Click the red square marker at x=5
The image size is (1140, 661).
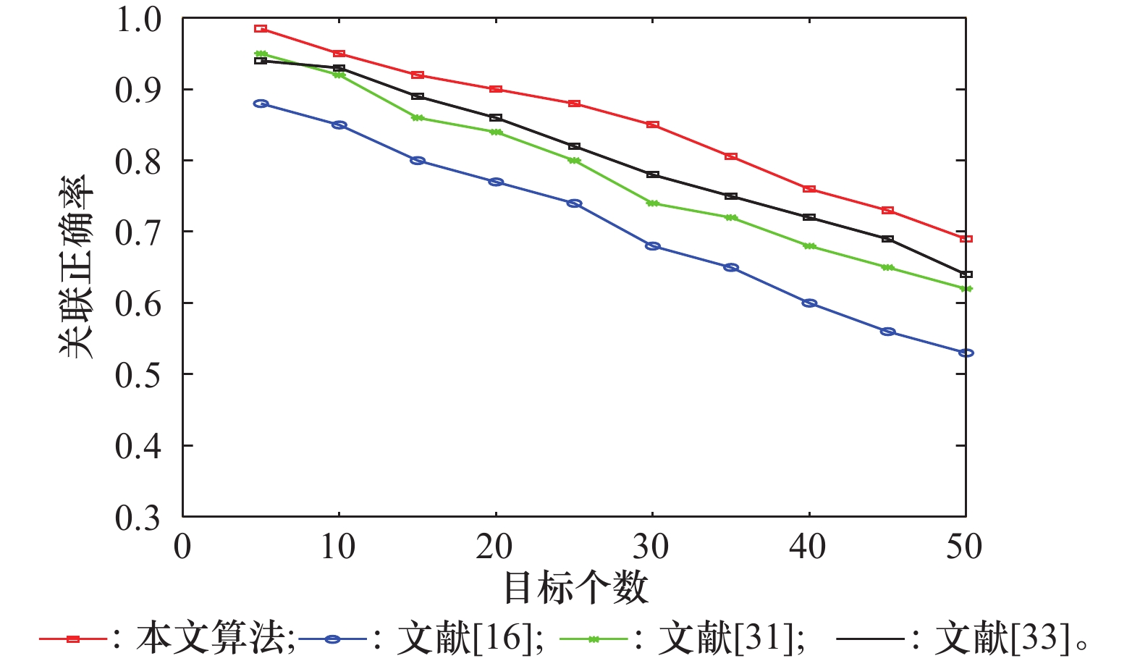coord(261,29)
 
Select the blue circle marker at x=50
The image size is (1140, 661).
coord(966,353)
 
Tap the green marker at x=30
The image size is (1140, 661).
coord(652,203)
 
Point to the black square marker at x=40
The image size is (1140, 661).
coord(809,217)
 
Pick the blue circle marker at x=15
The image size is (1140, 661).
coord(418,161)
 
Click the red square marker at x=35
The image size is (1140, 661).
coord(731,156)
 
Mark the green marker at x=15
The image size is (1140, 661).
coord(418,118)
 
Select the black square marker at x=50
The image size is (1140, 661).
coord(966,274)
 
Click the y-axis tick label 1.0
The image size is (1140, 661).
coord(138,20)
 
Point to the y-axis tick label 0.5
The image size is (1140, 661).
coord(138,374)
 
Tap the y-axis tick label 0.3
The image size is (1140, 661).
coord(138,517)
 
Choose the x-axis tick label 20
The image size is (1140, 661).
coord(494,547)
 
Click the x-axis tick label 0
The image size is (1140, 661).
coord(182,547)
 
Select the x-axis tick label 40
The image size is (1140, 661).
coord(808,547)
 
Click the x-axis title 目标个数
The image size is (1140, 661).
coord(575,588)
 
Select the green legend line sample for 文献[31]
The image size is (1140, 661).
coord(594,639)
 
